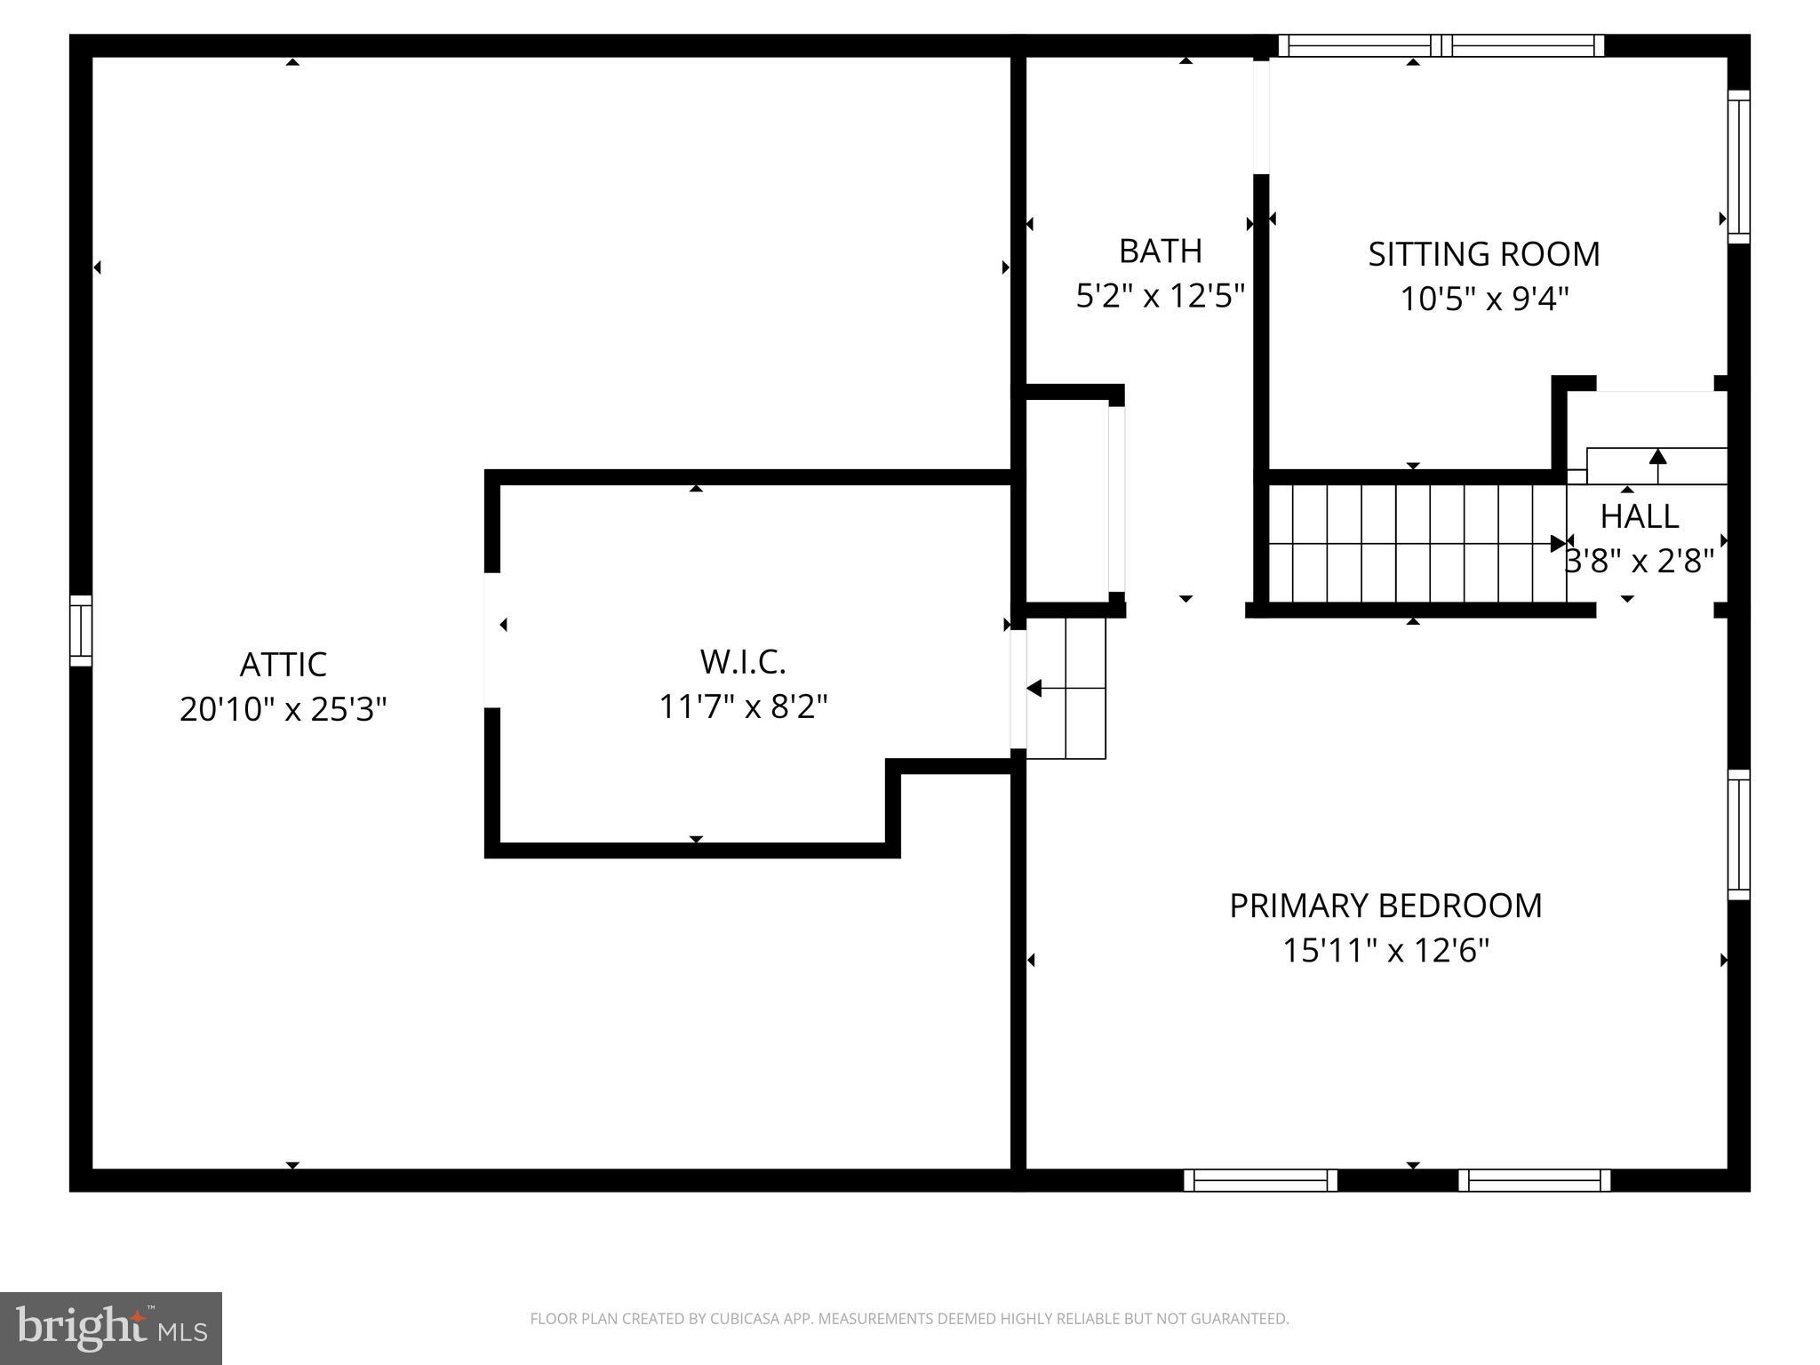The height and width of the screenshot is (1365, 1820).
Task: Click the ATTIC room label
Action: click(x=283, y=664)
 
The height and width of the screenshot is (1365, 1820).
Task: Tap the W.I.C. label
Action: click(x=743, y=661)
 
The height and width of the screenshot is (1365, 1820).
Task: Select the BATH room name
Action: click(x=1160, y=251)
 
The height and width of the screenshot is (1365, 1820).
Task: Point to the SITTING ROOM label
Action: click(x=1483, y=254)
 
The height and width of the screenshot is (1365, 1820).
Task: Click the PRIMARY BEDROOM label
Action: click(x=1385, y=906)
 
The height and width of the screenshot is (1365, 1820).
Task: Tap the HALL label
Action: click(x=1639, y=516)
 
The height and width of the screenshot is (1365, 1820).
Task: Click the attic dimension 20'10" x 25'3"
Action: click(x=283, y=709)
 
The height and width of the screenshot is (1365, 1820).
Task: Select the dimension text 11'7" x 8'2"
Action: click(x=743, y=706)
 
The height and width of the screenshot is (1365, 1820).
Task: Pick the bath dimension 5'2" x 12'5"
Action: click(x=1160, y=296)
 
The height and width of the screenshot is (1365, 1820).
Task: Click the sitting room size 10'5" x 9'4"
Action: click(x=1483, y=299)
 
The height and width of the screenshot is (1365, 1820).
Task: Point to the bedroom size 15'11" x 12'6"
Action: click(x=1385, y=950)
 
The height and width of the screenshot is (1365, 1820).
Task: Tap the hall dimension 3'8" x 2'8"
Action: click(x=1639, y=562)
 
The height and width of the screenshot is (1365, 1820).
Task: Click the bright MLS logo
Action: click(x=111, y=1329)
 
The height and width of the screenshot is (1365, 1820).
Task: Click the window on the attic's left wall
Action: click(x=81, y=630)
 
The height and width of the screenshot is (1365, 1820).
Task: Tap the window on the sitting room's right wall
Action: click(x=1738, y=166)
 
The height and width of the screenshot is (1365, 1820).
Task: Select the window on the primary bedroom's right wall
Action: click(x=1738, y=834)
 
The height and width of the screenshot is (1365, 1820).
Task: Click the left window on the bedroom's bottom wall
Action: click(x=1260, y=1180)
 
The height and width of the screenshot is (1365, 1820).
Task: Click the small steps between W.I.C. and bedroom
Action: click(x=1066, y=689)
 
